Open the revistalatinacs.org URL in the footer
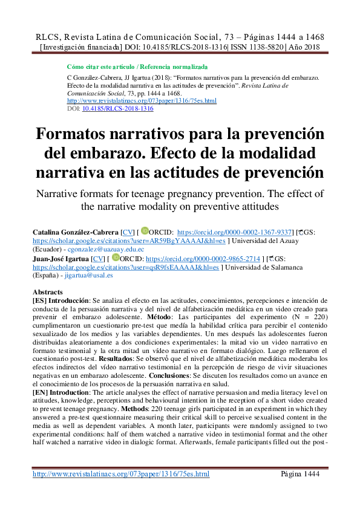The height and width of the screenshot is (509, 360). click(121, 474)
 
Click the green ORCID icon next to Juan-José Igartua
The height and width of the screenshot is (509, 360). click(116, 257)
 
